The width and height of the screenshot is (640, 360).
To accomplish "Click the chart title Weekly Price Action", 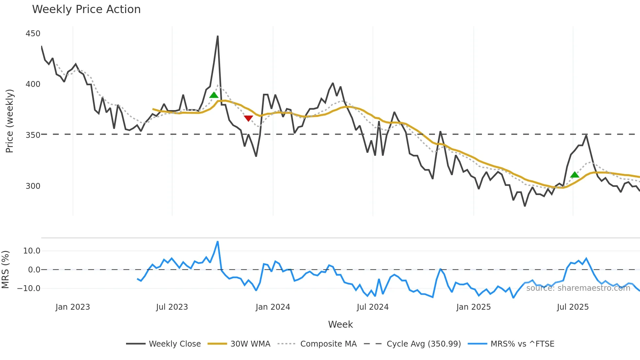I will (x=86, y=9).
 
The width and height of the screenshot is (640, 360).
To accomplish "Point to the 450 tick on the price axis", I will (x=33, y=34).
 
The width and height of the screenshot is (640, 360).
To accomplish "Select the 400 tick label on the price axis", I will (x=33, y=84).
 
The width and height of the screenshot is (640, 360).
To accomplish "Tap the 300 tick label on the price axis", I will (x=33, y=186).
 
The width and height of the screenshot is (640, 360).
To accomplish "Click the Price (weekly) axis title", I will (x=10, y=121).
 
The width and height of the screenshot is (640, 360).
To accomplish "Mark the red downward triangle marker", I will (x=248, y=118).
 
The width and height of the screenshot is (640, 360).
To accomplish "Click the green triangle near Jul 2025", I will (x=575, y=175).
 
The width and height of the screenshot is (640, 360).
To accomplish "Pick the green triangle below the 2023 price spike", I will (x=214, y=95).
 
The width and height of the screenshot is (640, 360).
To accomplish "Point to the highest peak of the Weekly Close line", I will (x=218, y=36).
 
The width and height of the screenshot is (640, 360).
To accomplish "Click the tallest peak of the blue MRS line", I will (x=218, y=242).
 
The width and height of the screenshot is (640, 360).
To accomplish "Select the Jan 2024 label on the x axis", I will (x=273, y=307).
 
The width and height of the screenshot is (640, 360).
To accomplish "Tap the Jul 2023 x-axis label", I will (x=172, y=307).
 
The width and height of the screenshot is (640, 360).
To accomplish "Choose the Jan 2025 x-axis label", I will (x=473, y=307).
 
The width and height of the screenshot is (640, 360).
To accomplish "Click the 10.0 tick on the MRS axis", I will (x=32, y=251).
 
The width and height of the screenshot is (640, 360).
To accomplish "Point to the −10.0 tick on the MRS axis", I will (x=29, y=288).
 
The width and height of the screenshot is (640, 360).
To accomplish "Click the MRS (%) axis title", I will (x=6, y=270).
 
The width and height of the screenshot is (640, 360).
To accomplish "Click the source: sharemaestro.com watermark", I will (x=578, y=288).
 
